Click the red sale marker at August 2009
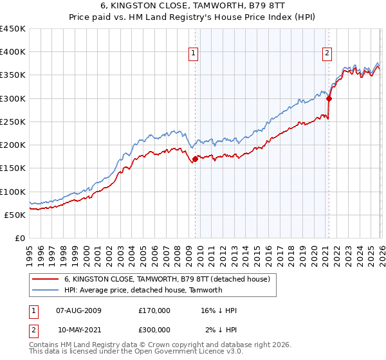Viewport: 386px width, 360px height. coord(196,159)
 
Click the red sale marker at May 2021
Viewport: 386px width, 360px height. coord(329,98)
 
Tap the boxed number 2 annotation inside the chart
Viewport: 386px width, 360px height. coord(327,53)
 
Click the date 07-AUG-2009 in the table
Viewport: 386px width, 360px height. coord(78,310)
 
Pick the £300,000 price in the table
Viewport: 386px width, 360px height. coord(154,329)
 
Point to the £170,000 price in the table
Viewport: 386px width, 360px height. coord(154,310)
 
